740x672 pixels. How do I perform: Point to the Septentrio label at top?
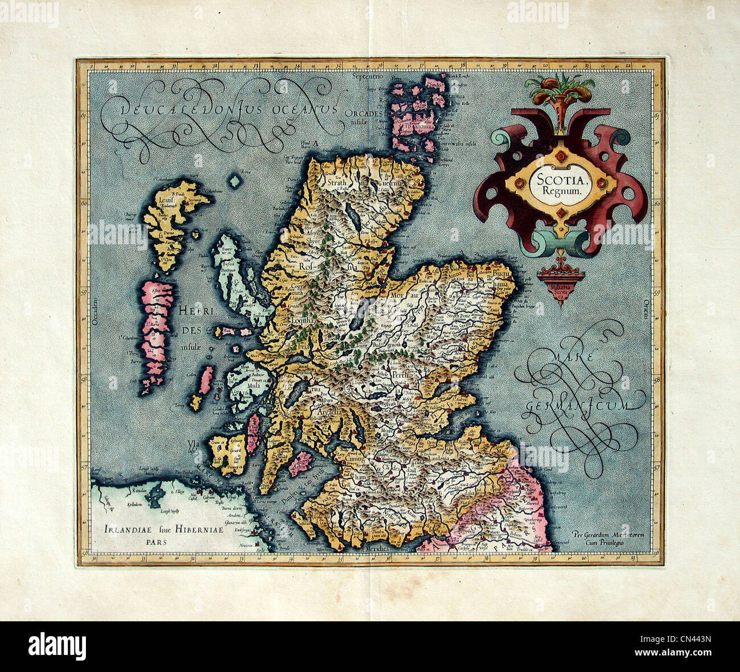pyautogui.click(x=369, y=76)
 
